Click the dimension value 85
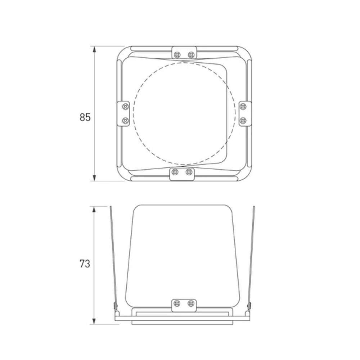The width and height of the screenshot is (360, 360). (x=85, y=117)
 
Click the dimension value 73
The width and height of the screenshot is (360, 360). (x=85, y=264)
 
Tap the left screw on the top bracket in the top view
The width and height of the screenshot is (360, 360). (x=177, y=55)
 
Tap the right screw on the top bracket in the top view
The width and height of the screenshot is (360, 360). (x=191, y=55)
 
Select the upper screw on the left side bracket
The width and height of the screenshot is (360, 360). (x=125, y=107)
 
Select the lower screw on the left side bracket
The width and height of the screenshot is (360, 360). (x=125, y=121)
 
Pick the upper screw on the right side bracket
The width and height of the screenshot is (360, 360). (x=243, y=107)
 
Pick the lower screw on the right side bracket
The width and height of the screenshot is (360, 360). (x=243, y=121)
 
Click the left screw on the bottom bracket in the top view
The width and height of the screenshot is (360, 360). (x=175, y=172)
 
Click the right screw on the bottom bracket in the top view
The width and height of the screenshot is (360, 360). (x=189, y=172)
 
